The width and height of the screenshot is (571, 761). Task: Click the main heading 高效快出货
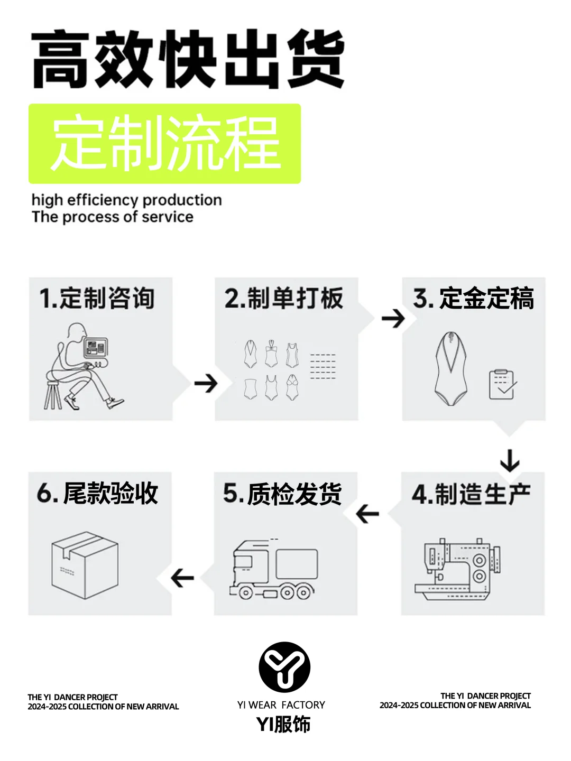[x=188, y=59]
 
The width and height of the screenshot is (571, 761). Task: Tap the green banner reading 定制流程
[x=164, y=144]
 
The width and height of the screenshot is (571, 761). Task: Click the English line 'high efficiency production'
[x=126, y=200]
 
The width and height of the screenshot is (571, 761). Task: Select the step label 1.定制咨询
[x=97, y=299]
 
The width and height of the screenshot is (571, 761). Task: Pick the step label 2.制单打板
[x=284, y=299]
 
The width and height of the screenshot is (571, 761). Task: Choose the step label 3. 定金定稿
[x=473, y=299]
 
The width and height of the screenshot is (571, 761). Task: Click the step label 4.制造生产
[x=471, y=495]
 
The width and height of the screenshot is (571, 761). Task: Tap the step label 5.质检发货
[x=282, y=494]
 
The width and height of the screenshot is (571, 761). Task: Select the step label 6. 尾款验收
[x=97, y=494]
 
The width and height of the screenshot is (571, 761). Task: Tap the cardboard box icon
[x=85, y=564]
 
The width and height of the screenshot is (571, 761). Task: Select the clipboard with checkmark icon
[x=502, y=384]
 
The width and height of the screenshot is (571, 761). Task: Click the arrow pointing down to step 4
[x=510, y=460]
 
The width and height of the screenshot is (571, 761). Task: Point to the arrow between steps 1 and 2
[x=206, y=383]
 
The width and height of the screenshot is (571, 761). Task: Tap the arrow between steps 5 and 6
[x=182, y=578]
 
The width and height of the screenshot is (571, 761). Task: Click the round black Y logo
[x=284, y=667]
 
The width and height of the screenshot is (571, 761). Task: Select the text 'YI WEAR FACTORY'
[x=281, y=704]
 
